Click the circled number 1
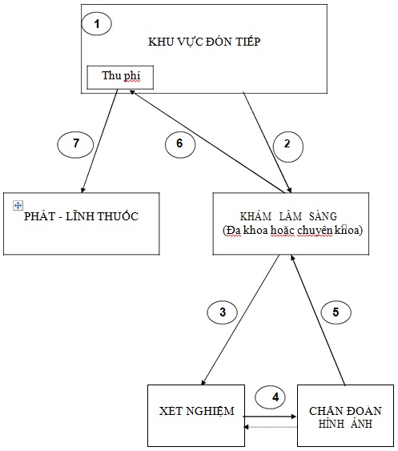tap(97, 23)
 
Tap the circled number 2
tap(287, 147)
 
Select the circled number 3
tap(223, 312)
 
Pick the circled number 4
tap(271, 397)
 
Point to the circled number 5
tap(336, 312)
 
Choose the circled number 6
tap(180, 144)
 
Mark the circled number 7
tap(75, 144)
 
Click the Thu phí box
tap(120, 78)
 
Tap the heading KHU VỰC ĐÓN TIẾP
tap(204, 42)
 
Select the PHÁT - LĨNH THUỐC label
tap(81, 216)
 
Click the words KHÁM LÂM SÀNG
tap(288, 216)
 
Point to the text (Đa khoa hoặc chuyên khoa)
tap(292, 231)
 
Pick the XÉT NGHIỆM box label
tap(197, 411)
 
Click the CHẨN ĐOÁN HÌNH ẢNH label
tap(345, 417)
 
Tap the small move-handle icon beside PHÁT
tap(18, 206)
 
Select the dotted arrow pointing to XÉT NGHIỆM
tap(270, 427)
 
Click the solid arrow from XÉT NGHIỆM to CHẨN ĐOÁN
tap(270, 417)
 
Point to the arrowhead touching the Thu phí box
tap(132, 92)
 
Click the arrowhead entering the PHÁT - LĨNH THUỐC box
tap(82, 190)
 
